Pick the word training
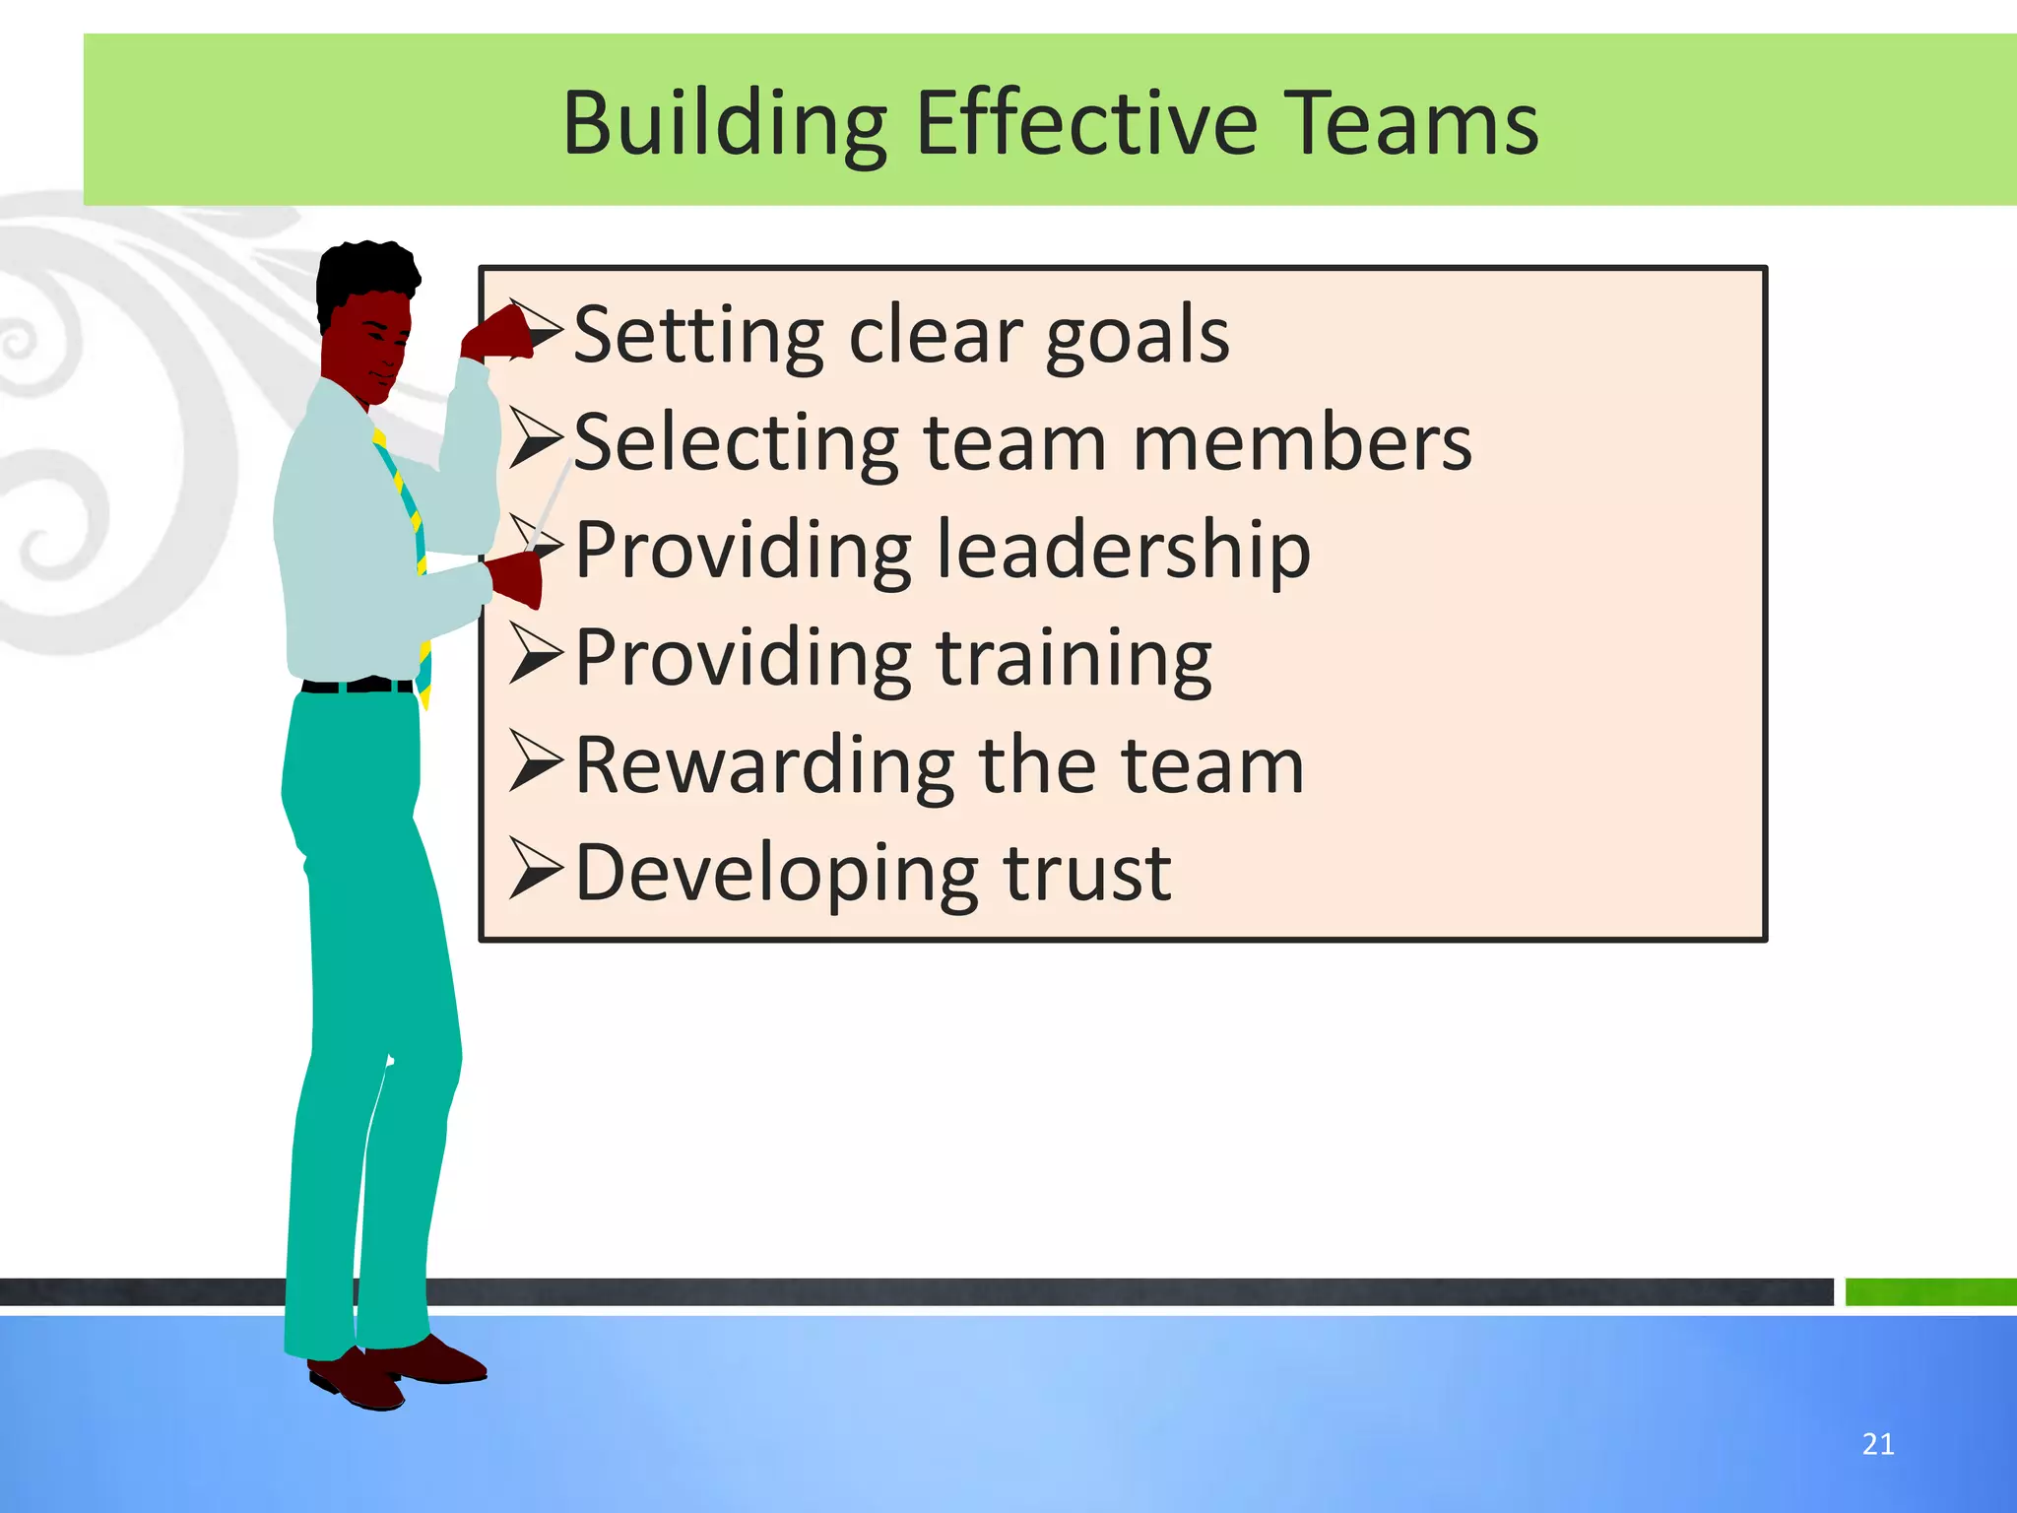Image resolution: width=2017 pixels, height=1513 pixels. tap(1074, 658)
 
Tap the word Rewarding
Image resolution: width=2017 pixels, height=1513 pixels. tap(764, 765)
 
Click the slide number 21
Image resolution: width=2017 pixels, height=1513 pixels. tap(1878, 1444)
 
